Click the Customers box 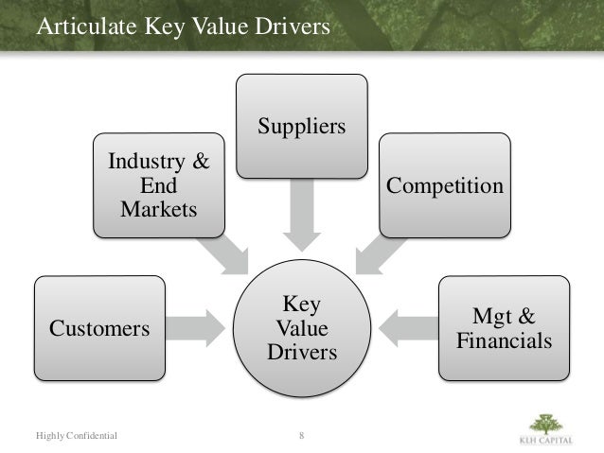tap(99, 328)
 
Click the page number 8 tap(301, 435)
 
